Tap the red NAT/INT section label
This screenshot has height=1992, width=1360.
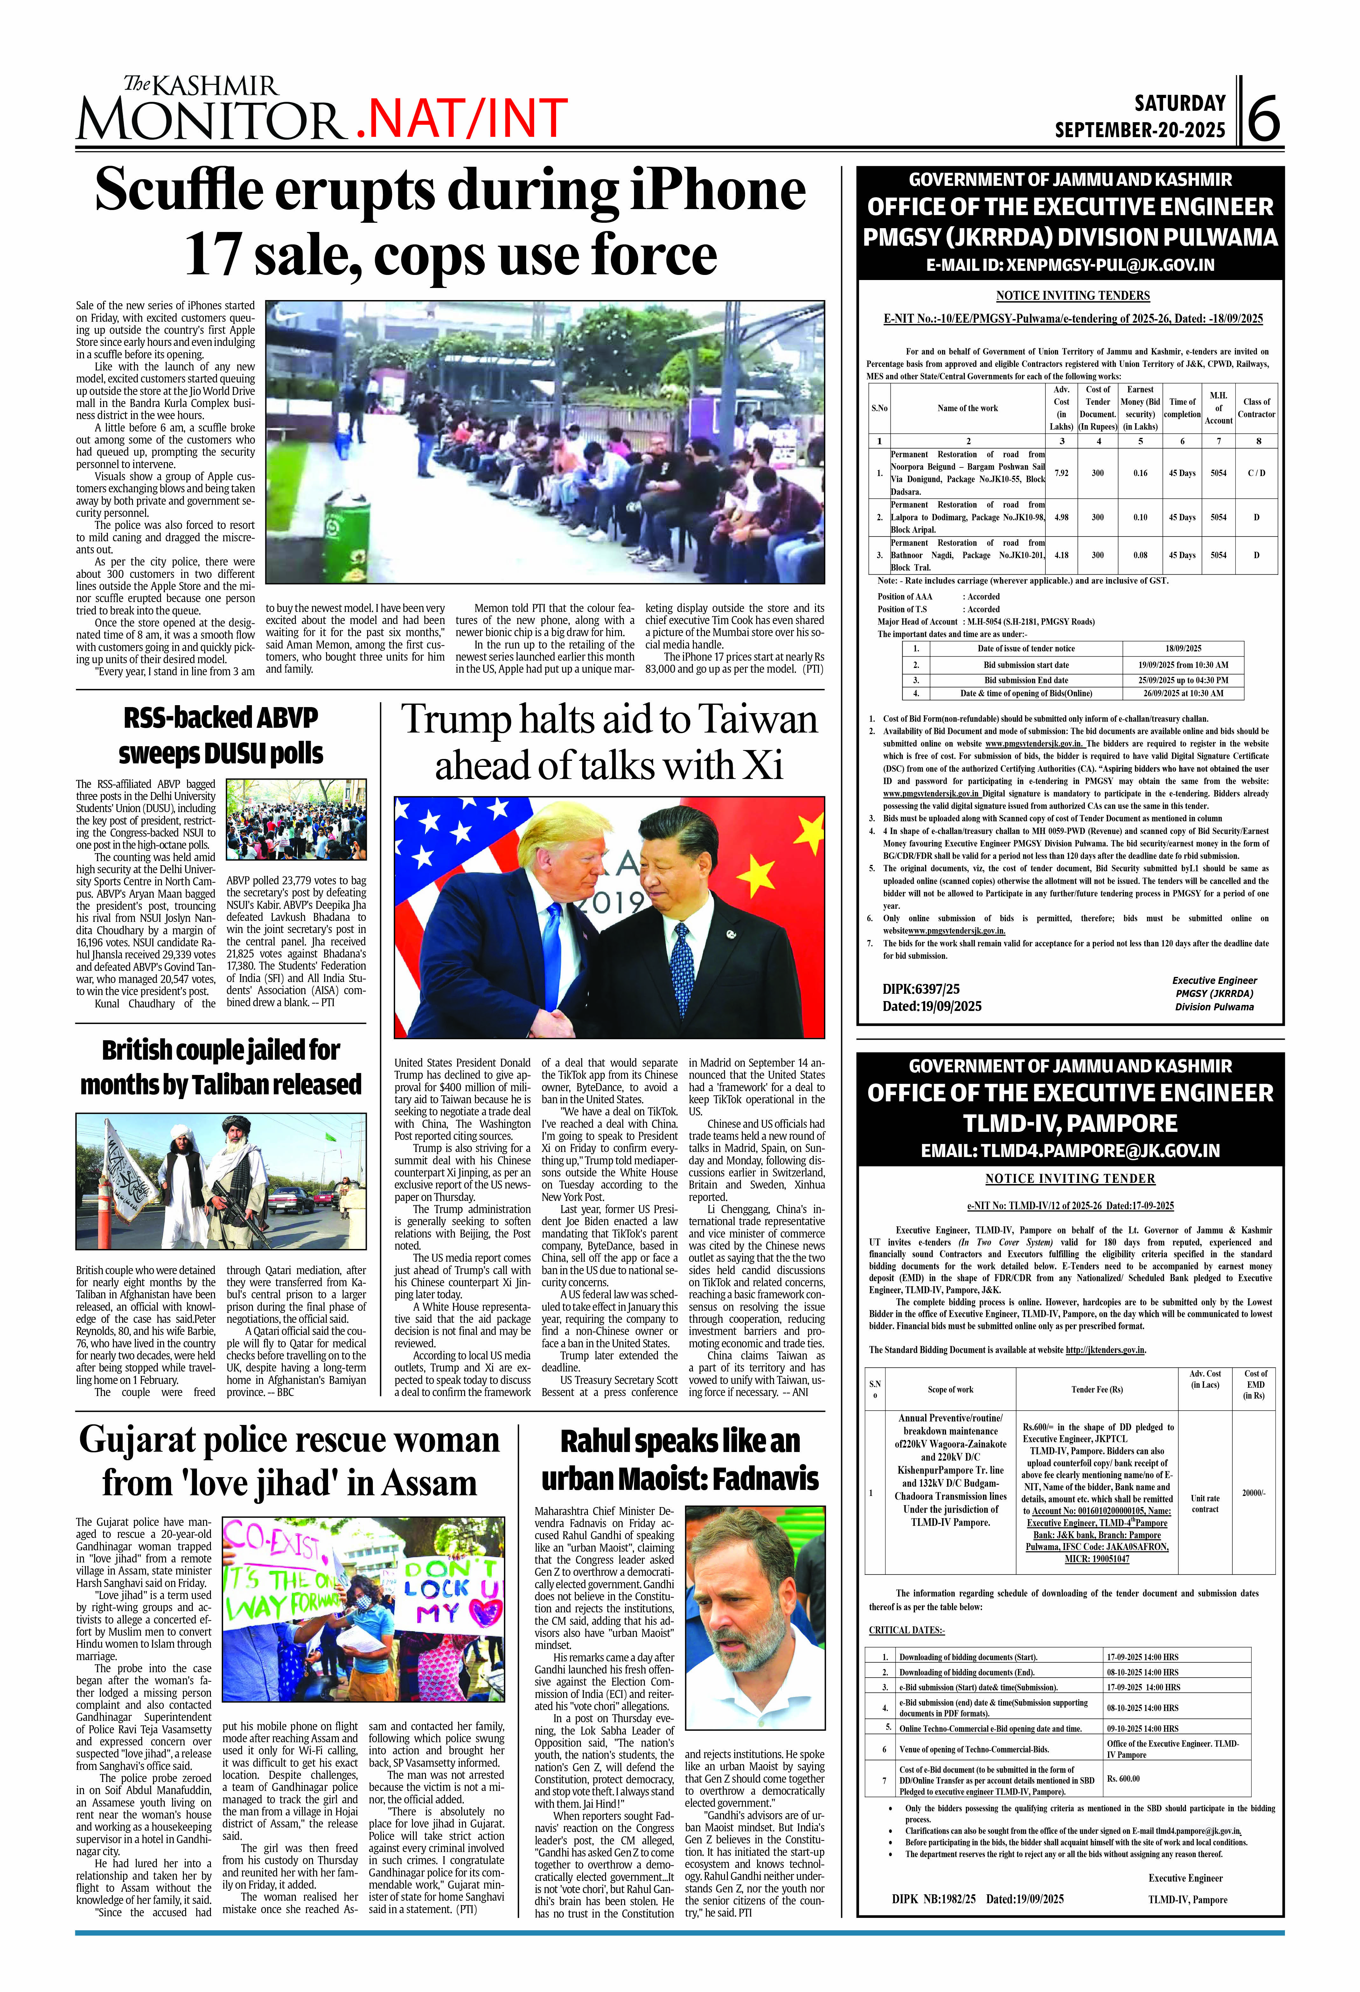tap(462, 118)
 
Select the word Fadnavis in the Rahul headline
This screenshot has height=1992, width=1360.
tap(765, 1479)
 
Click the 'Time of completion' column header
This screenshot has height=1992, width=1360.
tap(1182, 408)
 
